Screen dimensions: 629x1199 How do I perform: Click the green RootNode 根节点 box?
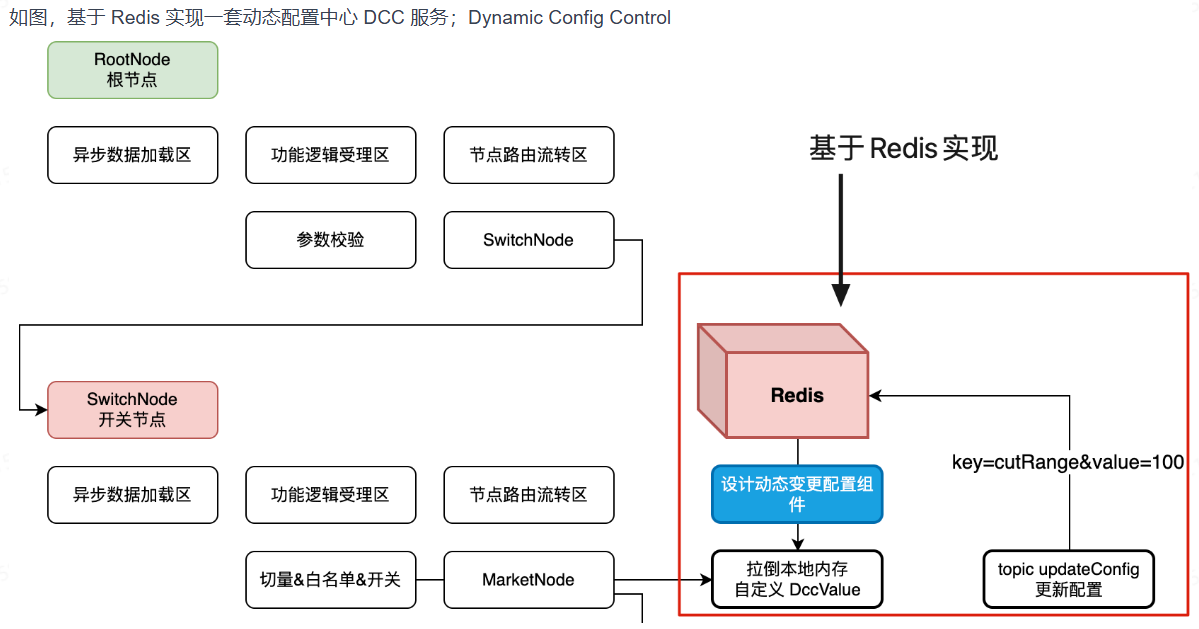(132, 69)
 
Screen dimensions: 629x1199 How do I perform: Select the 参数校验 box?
(330, 240)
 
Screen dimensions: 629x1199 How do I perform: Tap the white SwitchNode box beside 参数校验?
(528, 240)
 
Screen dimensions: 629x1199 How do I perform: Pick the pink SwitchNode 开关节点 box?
(132, 409)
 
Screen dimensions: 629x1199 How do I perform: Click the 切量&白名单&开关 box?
(330, 579)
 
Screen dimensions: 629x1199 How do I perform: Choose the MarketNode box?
(528, 579)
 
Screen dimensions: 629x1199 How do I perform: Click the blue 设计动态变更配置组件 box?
(797, 494)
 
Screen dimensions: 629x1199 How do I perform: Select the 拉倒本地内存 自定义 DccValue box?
(797, 579)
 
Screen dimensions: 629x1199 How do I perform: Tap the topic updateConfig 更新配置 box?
(1068, 579)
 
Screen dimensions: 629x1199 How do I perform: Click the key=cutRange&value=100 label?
(1067, 462)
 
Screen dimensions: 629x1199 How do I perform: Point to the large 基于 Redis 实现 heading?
(903, 149)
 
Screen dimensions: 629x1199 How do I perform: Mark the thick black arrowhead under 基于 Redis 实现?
(841, 295)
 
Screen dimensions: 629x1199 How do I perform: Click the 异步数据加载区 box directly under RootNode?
(132, 155)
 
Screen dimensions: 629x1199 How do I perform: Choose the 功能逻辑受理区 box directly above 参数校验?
(330, 155)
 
